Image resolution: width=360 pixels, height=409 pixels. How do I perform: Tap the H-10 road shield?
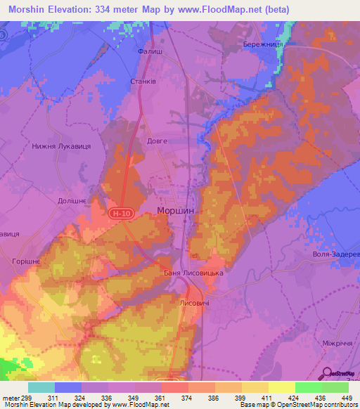tap(121, 212)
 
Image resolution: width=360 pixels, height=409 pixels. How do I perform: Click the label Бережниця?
tap(263, 44)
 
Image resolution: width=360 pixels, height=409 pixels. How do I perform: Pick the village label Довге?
tap(157, 141)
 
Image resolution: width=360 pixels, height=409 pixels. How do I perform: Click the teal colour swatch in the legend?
tap(41, 387)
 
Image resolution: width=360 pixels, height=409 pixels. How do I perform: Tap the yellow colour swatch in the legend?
tap(282, 387)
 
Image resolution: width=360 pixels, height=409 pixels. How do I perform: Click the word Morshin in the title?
tap(28, 10)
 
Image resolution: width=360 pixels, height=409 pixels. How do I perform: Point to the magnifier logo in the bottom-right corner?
tap(328, 372)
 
